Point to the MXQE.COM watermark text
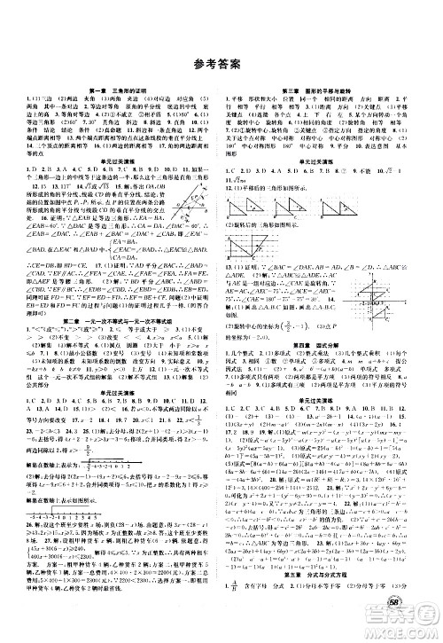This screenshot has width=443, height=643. pos(416,631)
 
